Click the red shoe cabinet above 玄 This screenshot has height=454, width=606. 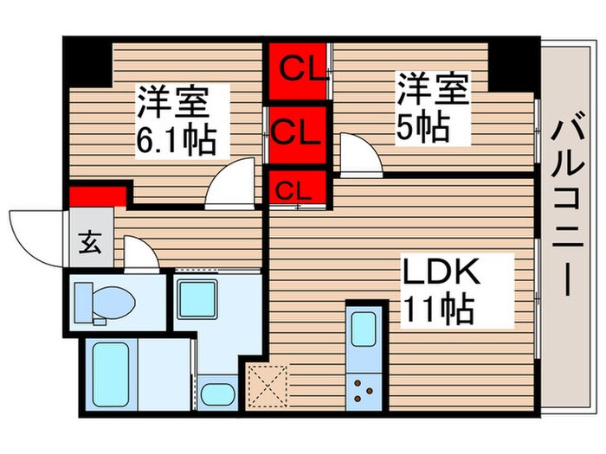tap(91, 195)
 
